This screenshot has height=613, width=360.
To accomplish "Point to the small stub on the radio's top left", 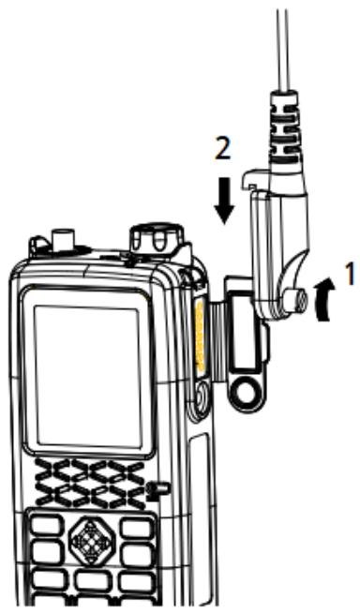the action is [x=64, y=240].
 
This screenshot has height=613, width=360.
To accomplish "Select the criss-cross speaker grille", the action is [x=88, y=478].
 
